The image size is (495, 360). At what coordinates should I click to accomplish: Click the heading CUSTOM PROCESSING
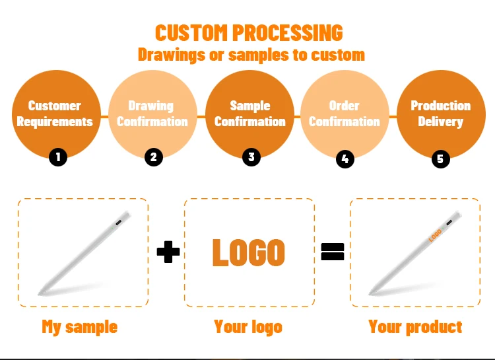click(249, 32)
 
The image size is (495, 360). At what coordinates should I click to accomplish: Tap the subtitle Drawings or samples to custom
click(251, 54)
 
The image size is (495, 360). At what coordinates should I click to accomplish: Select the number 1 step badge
click(58, 157)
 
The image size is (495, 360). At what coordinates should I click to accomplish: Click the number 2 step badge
click(153, 157)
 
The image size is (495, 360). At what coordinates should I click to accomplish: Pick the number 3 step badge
click(250, 157)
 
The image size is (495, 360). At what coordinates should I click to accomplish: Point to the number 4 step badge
click(345, 159)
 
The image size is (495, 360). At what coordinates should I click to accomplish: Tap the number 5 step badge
click(440, 159)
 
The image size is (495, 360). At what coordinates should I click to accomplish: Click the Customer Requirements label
click(55, 114)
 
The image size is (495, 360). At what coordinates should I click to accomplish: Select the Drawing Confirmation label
click(152, 114)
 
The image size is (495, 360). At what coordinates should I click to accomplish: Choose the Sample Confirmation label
click(250, 114)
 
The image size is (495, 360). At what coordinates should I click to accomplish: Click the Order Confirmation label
click(345, 114)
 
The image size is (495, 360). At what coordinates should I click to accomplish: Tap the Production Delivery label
click(440, 114)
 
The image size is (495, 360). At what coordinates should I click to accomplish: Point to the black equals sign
click(333, 251)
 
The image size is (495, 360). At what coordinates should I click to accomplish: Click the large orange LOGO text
click(248, 252)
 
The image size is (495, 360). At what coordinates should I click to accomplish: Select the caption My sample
click(79, 326)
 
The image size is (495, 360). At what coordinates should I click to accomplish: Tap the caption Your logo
click(248, 326)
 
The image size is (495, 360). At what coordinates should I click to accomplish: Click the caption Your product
click(415, 326)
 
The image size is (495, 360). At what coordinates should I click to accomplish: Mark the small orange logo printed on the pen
click(435, 234)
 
